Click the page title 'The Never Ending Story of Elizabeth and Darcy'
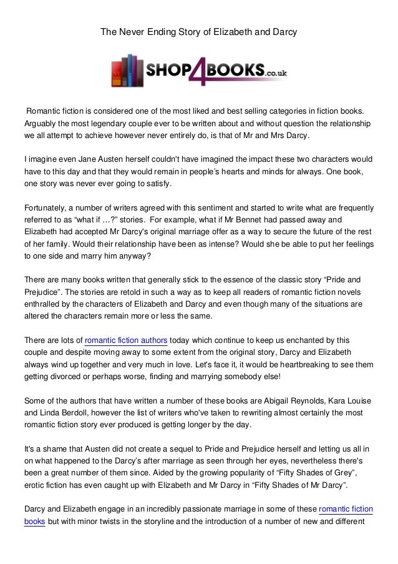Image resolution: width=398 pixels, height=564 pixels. (198, 30)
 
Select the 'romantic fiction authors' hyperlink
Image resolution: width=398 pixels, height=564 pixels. (125, 340)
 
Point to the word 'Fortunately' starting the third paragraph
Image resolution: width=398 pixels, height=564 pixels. (43, 208)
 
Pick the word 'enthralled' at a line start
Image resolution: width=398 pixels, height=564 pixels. (44, 304)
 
